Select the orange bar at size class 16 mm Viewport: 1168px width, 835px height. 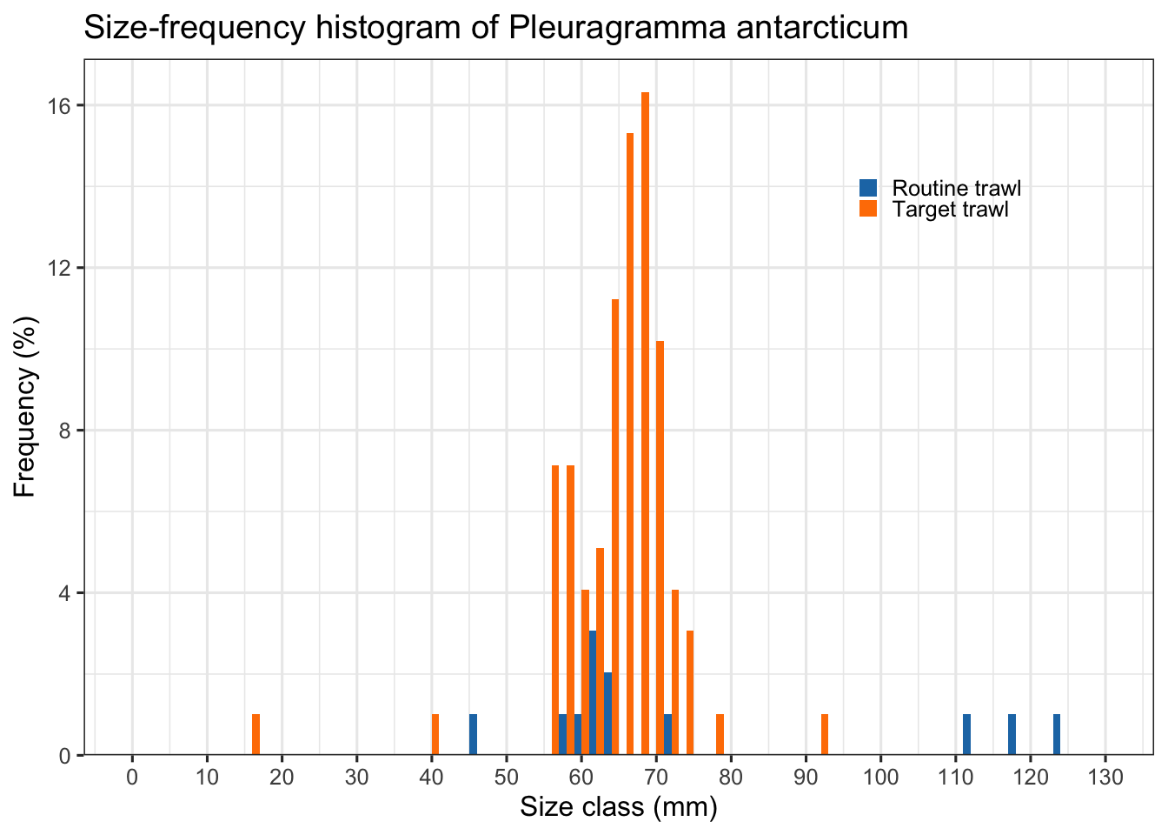click(256, 735)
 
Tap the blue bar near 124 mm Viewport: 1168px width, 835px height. click(1057, 735)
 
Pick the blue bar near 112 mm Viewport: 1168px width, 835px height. click(966, 735)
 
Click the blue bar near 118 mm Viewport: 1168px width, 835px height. click(1012, 735)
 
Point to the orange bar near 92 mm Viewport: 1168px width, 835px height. click(825, 735)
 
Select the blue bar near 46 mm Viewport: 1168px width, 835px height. click(473, 735)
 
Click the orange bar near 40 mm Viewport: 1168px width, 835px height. click(435, 735)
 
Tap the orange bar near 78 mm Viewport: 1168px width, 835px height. click(720, 735)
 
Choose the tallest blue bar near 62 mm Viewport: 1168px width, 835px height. click(593, 693)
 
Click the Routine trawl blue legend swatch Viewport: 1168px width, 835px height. click(868, 188)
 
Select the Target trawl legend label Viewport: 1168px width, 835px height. click(951, 210)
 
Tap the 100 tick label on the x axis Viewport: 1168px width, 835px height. click(880, 777)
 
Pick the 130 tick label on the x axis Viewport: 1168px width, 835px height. click(1105, 777)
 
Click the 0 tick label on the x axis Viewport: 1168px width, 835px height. click(132, 777)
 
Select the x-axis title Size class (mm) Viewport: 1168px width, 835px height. click(619, 808)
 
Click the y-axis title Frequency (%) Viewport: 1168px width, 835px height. click(25, 407)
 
